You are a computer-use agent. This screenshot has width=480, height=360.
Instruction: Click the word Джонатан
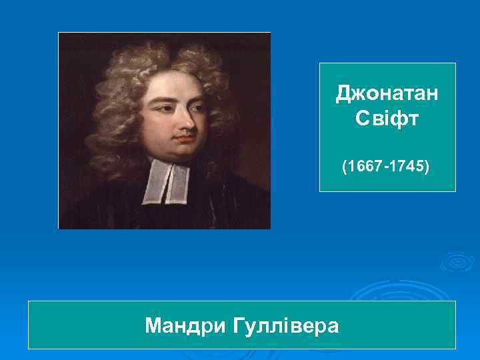pos(387,94)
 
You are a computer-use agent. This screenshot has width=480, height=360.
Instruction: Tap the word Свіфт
pos(387,120)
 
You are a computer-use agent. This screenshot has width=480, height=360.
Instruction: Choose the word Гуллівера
pos(287,326)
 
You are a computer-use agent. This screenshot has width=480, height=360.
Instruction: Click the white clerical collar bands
pos(167,180)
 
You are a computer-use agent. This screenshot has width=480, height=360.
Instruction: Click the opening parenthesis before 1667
pos(345,165)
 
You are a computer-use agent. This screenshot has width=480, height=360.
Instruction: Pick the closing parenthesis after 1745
pos(427,165)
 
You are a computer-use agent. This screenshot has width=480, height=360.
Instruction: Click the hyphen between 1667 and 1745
pos(385,166)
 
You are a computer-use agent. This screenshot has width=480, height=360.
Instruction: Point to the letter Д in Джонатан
pos(343,94)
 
